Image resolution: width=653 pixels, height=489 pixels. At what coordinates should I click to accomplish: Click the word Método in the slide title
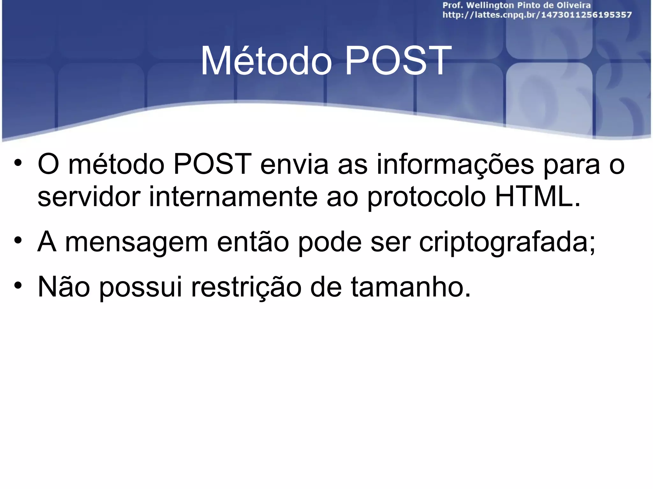coord(266,61)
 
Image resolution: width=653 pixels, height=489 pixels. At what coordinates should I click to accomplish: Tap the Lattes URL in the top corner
coord(537,15)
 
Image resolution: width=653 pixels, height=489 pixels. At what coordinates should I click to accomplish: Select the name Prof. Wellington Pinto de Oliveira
coord(517,5)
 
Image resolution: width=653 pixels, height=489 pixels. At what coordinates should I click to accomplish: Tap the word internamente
coord(233,196)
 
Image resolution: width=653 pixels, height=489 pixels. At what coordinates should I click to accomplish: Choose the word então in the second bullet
coord(253,242)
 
